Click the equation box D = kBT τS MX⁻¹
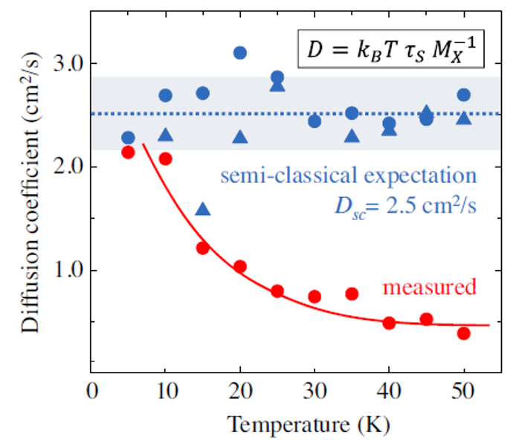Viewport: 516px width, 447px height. [391, 51]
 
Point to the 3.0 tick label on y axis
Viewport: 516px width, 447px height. [66, 65]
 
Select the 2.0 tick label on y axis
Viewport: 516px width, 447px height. [66, 167]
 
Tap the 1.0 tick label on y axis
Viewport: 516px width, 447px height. [66, 270]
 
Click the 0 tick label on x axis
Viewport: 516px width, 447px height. [91, 390]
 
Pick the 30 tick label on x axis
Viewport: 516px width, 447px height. [314, 390]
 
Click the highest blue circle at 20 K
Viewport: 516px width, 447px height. [239, 53]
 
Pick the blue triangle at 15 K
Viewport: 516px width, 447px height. [203, 210]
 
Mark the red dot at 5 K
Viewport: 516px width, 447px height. [128, 152]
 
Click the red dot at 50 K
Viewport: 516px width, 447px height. [463, 333]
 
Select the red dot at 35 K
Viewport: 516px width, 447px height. [352, 294]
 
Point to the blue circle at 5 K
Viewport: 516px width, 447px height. [128, 138]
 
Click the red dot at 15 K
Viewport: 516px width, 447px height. [202, 248]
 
